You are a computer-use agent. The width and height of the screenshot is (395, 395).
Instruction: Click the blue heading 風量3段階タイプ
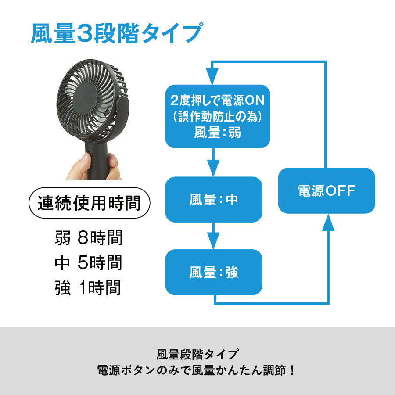pos(116,33)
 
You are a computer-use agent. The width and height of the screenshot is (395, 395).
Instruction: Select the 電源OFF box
pos(327,191)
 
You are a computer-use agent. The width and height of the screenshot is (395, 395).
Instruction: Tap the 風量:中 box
pos(214,200)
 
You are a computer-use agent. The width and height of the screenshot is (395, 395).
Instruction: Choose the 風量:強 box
pos(214,272)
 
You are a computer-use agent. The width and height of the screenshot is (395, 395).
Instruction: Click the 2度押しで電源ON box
pos(218,116)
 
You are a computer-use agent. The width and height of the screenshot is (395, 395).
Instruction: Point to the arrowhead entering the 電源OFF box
pos(328,223)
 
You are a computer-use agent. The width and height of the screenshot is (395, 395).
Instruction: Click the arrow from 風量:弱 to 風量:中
pos(213,162)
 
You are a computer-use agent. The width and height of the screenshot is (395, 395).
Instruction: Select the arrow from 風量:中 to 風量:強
pos(213,236)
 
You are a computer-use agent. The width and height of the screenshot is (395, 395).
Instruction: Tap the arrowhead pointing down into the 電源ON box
pos(212,76)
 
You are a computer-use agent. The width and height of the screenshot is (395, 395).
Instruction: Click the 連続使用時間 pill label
pos(90,203)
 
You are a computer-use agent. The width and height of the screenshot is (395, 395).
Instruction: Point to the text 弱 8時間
pos(89,237)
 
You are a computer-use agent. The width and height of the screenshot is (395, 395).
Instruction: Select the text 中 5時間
pos(89,262)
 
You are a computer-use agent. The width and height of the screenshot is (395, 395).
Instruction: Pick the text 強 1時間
pos(88,287)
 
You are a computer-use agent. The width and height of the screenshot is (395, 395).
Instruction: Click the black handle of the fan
pos(98,159)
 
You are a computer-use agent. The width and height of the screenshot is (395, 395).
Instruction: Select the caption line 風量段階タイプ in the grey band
pos(197,355)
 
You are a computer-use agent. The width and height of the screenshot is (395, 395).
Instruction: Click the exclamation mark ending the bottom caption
pos(292,370)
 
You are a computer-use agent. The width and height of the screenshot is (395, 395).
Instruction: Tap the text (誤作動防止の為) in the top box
pos(218,116)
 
